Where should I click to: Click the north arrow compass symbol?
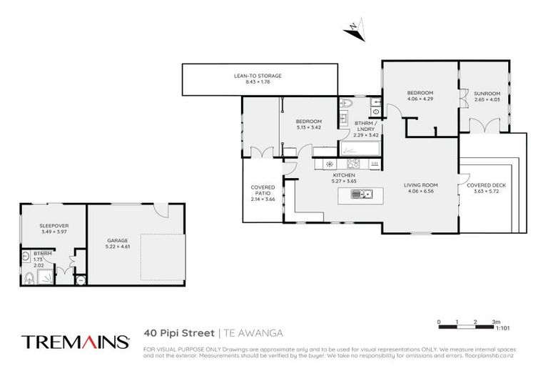point(354,29)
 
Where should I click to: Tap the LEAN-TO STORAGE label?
point(258,75)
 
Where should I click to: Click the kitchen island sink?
point(365,193)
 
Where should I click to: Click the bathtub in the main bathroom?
point(361,149)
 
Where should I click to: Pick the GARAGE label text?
point(117,240)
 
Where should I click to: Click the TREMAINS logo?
point(75,341)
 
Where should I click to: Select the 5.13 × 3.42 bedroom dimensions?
point(309,128)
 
